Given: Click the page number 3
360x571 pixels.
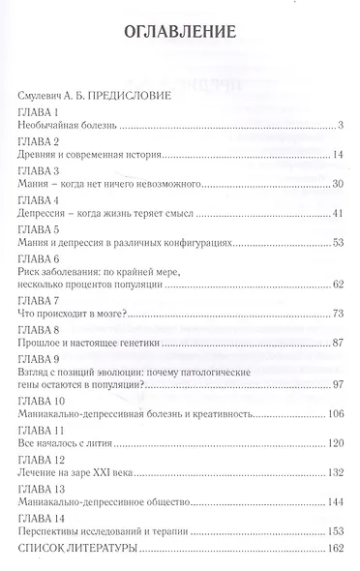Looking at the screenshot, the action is pos(343,127).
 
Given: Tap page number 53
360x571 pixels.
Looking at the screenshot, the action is pos(339,241).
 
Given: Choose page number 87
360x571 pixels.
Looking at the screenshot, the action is pos(339,342).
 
